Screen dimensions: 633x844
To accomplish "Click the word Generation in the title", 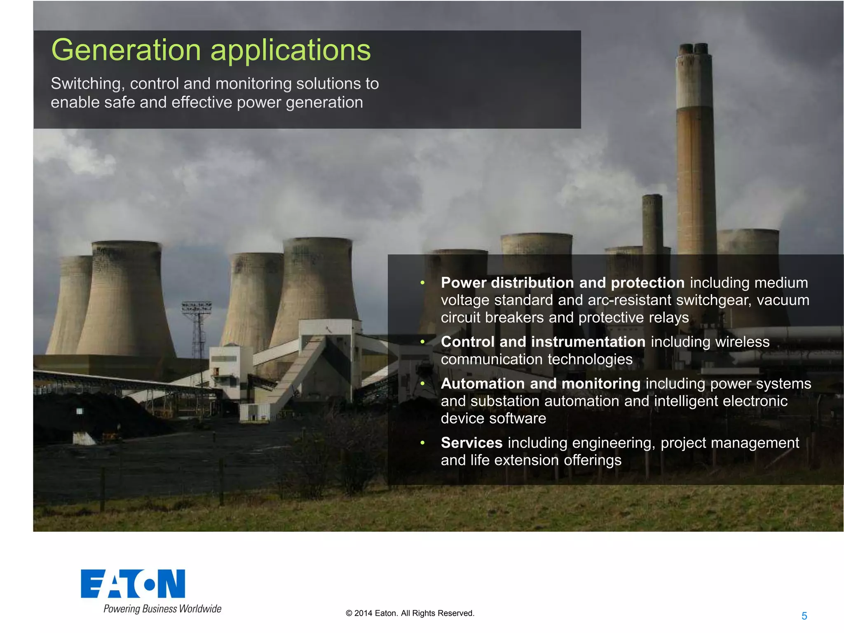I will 126,50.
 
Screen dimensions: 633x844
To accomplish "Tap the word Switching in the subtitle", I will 86,84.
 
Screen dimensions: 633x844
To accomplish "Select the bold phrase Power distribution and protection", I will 563,283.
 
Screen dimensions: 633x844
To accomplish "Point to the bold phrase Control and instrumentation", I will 543,342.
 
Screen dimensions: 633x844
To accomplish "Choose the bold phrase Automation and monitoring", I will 540,384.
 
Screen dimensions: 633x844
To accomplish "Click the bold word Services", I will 471,443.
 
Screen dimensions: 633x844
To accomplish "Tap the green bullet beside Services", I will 422,443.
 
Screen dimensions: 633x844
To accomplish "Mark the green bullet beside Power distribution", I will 422,283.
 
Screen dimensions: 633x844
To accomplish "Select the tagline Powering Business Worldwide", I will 162,609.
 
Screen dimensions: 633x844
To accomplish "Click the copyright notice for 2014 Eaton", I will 410,613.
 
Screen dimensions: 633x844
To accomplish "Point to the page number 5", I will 804,616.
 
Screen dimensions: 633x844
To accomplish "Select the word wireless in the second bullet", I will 742,342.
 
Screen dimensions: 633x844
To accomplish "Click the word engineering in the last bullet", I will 613,443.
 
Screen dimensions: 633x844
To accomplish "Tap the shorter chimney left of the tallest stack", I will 652,223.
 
